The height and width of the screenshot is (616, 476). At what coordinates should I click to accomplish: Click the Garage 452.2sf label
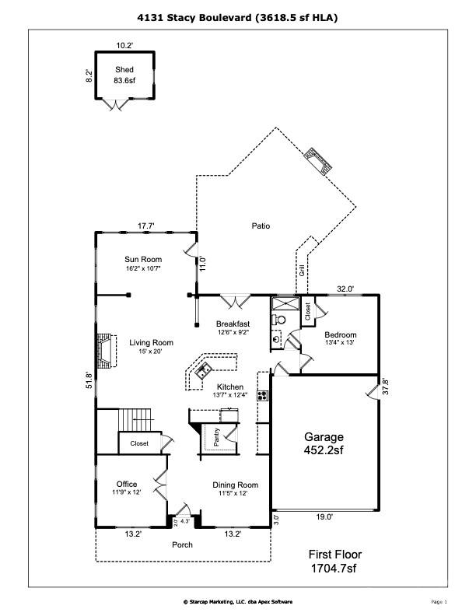click(323, 443)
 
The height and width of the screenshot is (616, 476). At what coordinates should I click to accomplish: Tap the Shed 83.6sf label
click(124, 74)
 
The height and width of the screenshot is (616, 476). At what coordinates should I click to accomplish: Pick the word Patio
click(260, 226)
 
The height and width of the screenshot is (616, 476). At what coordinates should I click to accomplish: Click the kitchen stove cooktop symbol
click(263, 394)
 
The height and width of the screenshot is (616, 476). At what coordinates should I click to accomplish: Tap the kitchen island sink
click(205, 369)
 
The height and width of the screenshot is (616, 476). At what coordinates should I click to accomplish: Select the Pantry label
click(218, 437)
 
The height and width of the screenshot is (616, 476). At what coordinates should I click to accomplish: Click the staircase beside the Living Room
click(134, 421)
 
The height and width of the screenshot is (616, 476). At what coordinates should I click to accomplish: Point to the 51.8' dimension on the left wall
click(89, 380)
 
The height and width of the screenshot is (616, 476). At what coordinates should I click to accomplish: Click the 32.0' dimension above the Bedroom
click(345, 289)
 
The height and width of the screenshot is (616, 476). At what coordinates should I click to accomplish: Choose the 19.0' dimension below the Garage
click(324, 516)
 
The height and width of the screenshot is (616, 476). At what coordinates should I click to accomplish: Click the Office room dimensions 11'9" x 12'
click(127, 492)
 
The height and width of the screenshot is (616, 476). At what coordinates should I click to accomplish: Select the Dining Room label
click(236, 485)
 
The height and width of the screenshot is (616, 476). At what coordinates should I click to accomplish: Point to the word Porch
click(182, 544)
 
